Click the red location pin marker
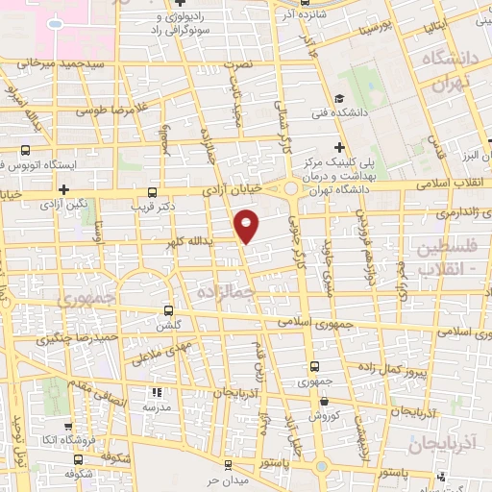(247, 225)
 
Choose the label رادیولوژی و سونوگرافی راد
(172, 21)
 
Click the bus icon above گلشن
(169, 310)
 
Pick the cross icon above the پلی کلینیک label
(339, 146)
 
